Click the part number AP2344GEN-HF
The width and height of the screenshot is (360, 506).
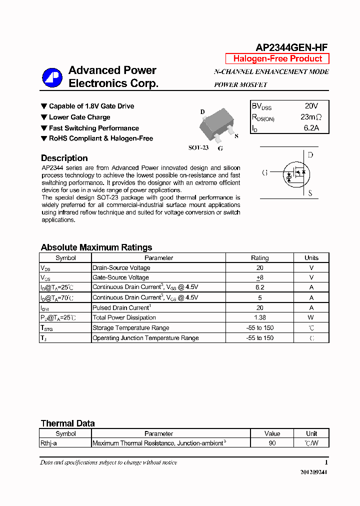[291, 47]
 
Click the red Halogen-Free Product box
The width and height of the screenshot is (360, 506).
[277, 58]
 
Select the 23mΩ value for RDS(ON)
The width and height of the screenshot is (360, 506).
[311, 117]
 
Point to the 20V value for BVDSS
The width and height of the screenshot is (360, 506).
[311, 106]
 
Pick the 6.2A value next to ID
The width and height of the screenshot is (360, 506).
[311, 128]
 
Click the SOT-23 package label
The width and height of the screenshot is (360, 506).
[198, 148]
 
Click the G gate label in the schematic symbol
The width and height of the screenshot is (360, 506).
[264, 173]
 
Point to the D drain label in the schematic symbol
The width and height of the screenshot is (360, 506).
[310, 155]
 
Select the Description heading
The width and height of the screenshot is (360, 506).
[64, 158]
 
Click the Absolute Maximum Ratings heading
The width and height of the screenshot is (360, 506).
[96, 247]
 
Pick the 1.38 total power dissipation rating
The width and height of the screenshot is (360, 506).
[259, 317]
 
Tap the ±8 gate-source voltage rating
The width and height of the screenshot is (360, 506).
[259, 277]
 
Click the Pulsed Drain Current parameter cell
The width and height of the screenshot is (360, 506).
[121, 307]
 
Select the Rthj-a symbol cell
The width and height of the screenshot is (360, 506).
[48, 443]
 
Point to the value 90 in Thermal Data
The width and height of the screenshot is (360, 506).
[272, 443]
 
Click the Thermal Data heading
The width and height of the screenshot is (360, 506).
[67, 423]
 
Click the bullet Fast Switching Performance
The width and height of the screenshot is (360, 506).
[93, 128]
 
